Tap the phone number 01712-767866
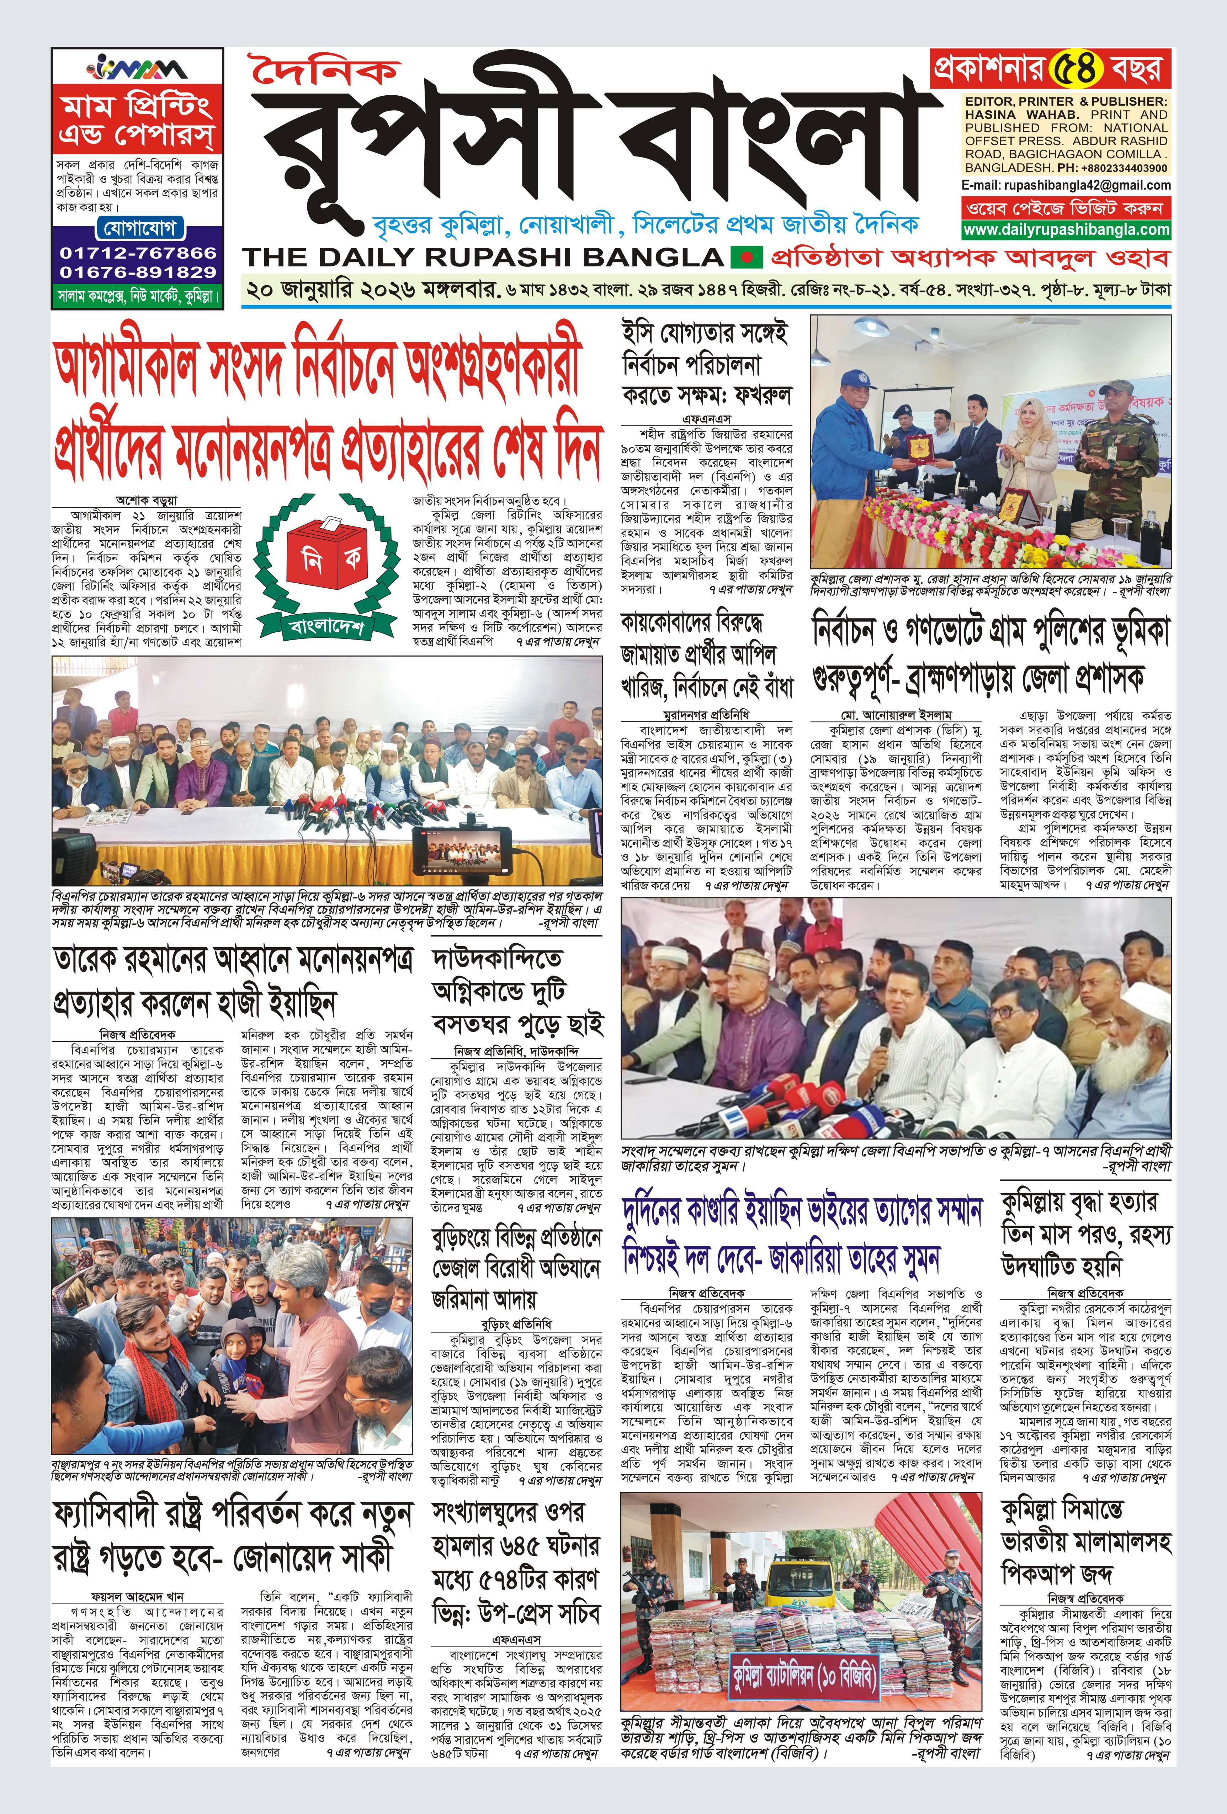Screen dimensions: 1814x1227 (x=137, y=253)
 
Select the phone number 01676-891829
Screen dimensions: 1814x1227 (x=137, y=272)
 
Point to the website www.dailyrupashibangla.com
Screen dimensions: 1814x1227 (x=1066, y=229)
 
